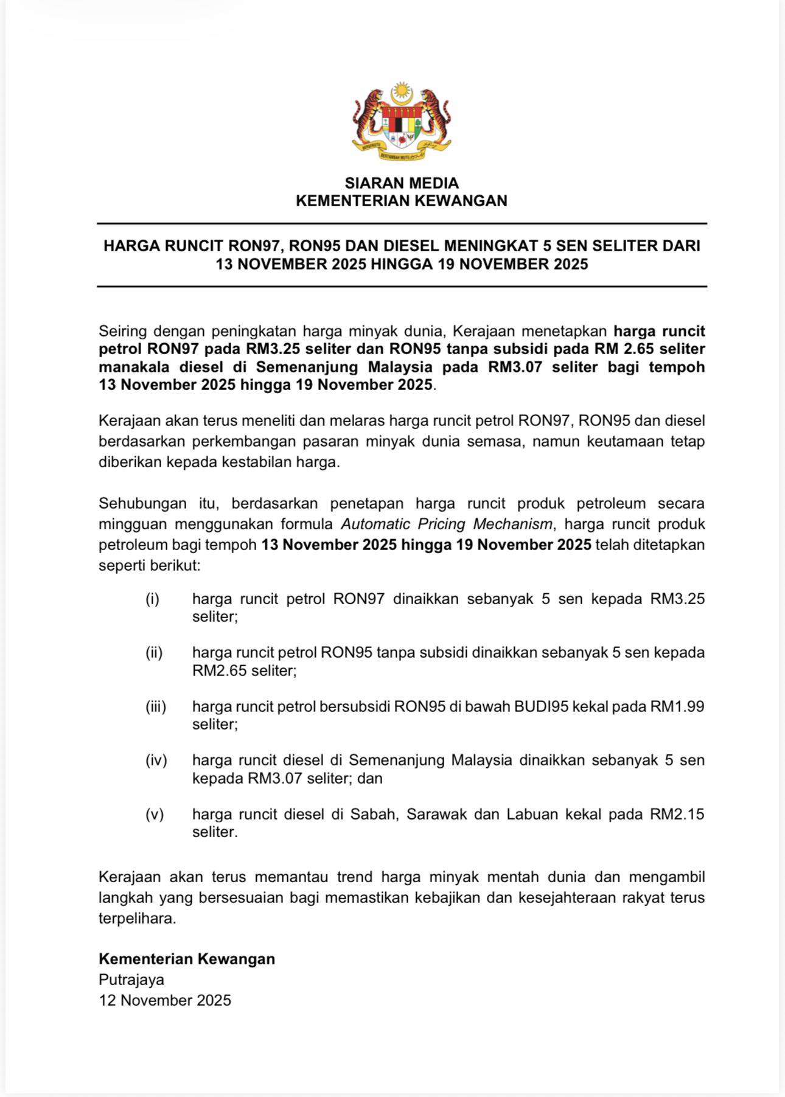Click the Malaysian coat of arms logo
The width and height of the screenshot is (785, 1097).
(401, 122)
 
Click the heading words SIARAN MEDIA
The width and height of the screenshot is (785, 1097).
(402, 183)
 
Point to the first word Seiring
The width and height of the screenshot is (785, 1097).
(122, 332)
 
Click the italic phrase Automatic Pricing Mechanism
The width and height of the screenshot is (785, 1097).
(447, 524)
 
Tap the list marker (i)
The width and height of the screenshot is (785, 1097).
(152, 599)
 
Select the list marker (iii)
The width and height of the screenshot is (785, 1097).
(156, 706)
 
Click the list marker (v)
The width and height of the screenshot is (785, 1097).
(155, 814)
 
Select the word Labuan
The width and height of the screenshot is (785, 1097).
(532, 814)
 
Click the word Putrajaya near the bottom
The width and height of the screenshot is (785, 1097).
(131, 980)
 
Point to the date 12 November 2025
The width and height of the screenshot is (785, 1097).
(165, 1000)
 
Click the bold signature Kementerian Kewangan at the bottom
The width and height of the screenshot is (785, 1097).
(187, 959)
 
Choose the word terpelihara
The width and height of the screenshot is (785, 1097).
(137, 918)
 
